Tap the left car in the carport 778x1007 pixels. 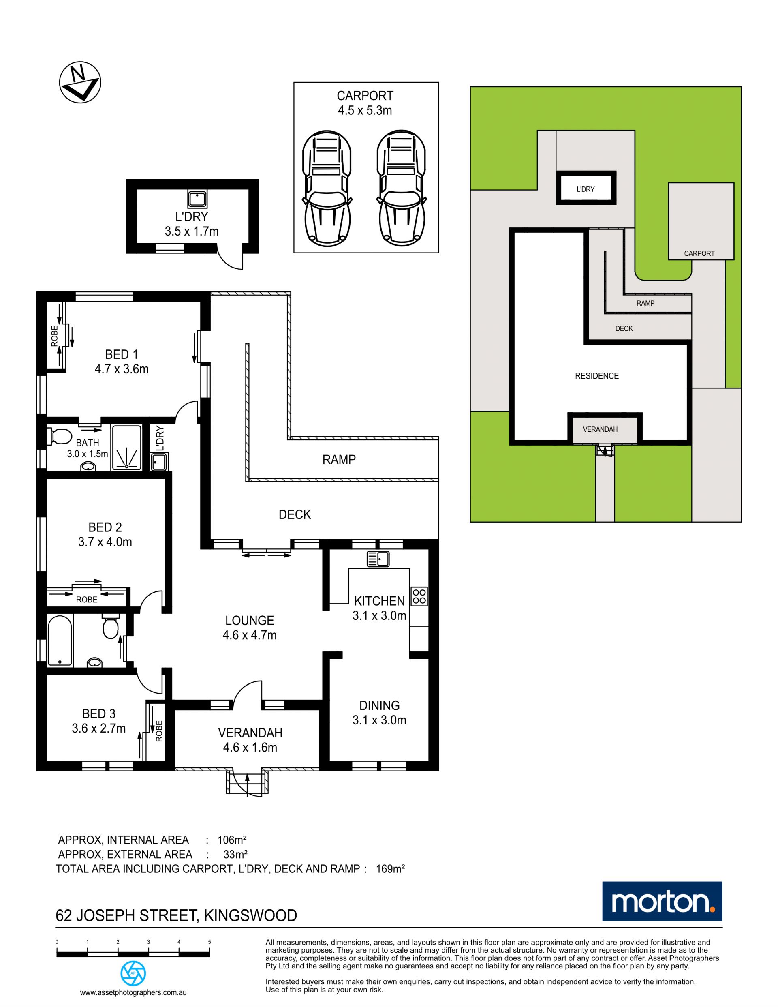click(x=327, y=188)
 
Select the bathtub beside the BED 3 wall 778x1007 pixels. click(x=60, y=640)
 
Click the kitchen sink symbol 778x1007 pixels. click(x=378, y=559)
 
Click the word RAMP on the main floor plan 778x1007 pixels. click(x=339, y=460)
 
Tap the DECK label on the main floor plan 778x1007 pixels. click(x=295, y=514)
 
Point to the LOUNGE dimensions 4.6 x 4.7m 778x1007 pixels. click(x=249, y=635)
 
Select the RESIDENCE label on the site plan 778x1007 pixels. click(x=597, y=376)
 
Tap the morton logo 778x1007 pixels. click(x=663, y=902)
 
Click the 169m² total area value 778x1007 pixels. click(x=390, y=869)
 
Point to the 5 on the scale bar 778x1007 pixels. click(x=209, y=942)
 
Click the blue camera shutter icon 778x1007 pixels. click(x=133, y=973)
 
